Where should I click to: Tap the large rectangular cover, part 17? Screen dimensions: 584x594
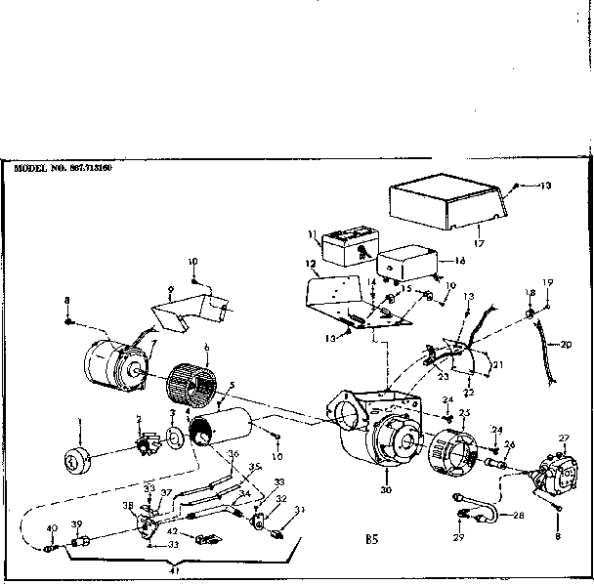tap(447, 201)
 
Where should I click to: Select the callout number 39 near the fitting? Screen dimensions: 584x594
tap(75, 525)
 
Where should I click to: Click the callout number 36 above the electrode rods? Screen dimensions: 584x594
tap(233, 452)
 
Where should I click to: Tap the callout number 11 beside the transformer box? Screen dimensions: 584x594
tap(314, 235)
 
